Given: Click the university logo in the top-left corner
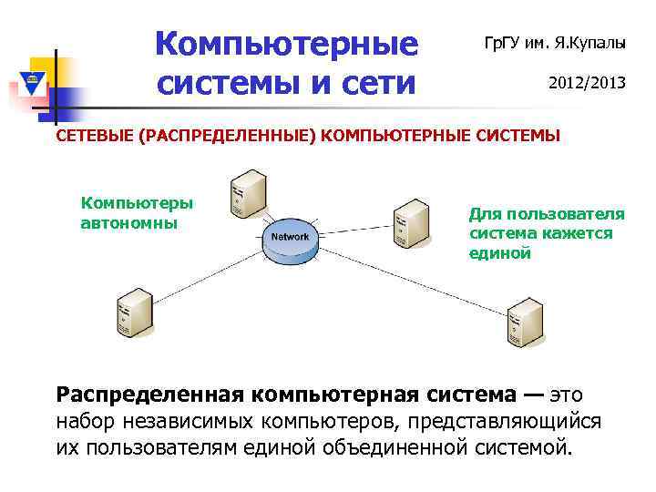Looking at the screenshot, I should click(x=32, y=85).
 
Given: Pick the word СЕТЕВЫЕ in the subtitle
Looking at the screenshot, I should click(x=93, y=137).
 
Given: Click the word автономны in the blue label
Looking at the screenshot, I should click(x=129, y=222).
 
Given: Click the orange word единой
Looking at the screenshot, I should click(x=499, y=252).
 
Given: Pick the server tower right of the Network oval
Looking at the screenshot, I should click(x=411, y=222).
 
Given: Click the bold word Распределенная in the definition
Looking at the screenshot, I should click(x=149, y=395).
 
